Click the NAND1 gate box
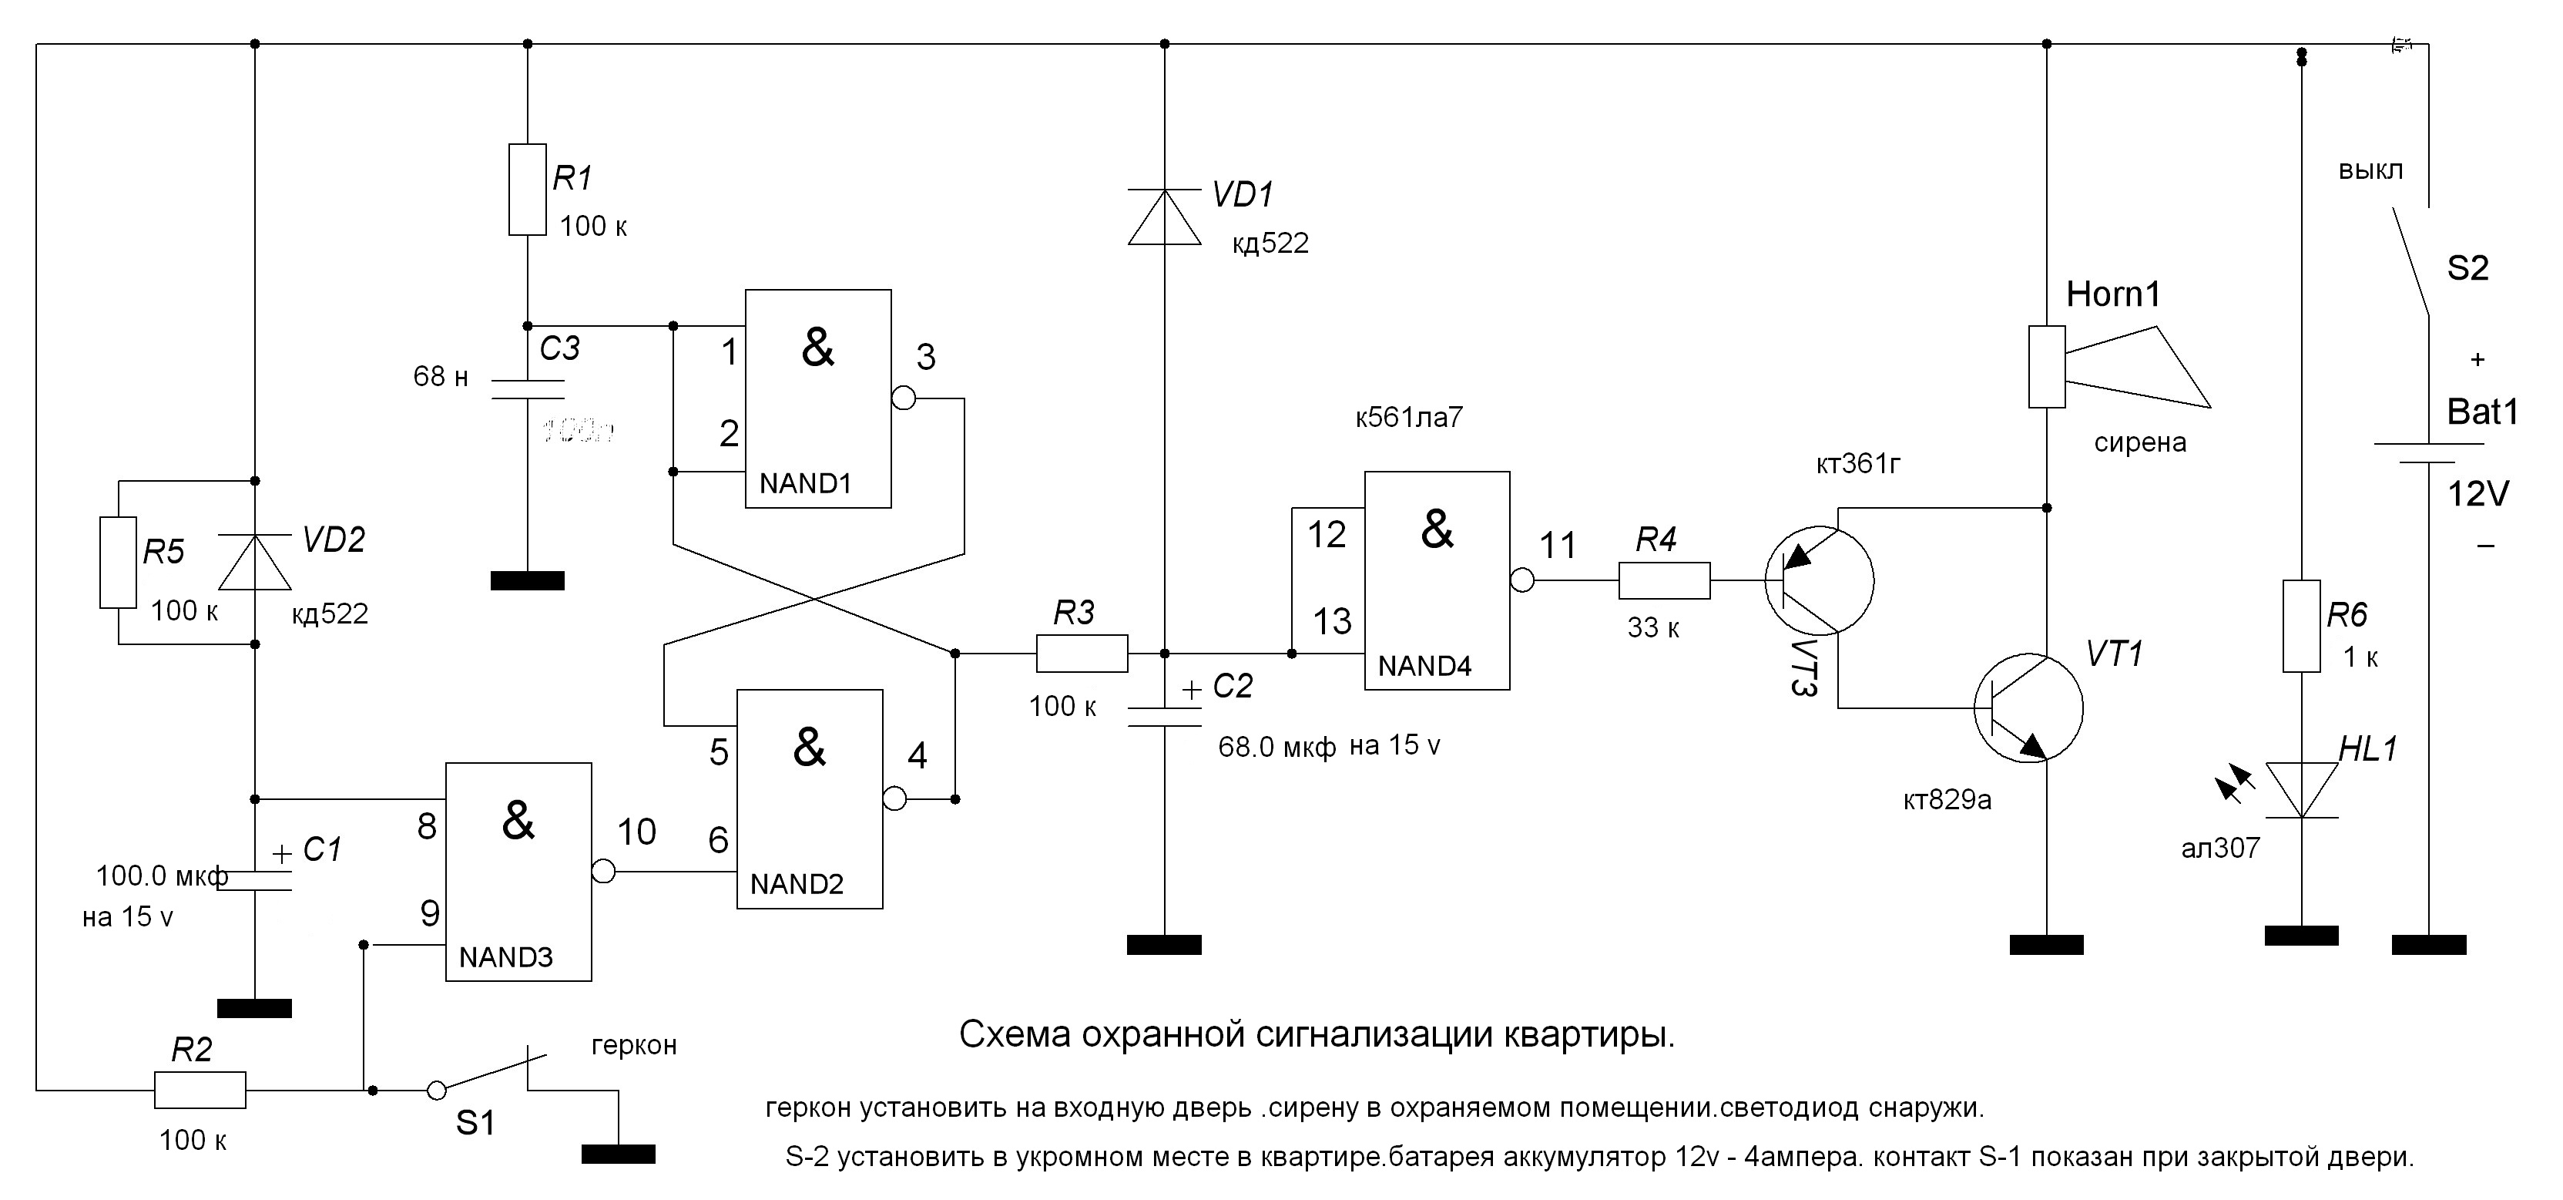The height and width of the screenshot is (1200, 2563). [x=818, y=398]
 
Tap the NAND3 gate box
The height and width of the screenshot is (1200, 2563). [x=518, y=872]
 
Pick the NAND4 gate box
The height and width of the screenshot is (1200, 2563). [x=1437, y=580]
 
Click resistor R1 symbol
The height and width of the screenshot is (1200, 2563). [x=528, y=189]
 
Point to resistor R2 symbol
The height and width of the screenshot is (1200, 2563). [x=200, y=1090]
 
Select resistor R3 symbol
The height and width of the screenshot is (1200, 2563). [x=1082, y=654]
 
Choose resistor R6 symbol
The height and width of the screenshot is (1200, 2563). [x=2300, y=626]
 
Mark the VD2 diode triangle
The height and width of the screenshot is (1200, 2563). [x=255, y=562]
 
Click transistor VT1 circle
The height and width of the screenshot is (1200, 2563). [x=2028, y=708]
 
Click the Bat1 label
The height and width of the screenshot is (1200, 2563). [x=2482, y=412]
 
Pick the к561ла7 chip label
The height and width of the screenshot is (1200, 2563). [x=1409, y=418]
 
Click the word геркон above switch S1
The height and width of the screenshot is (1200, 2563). [x=634, y=1045]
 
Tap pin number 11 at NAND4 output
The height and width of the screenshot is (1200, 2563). [x=1558, y=545]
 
